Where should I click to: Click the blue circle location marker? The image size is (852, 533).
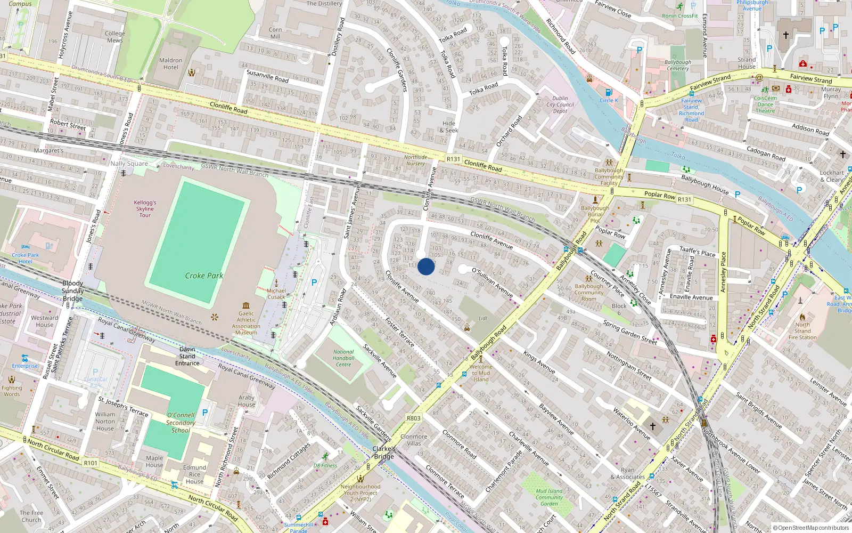pos(426,266)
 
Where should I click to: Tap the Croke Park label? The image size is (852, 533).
pos(204,276)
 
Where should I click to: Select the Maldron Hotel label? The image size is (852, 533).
pos(171,64)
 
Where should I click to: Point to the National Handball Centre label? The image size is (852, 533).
pos(343,358)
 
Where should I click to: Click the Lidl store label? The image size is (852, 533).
pos(483,319)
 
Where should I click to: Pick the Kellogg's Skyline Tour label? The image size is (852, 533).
pos(145,209)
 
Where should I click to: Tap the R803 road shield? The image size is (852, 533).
pos(413,418)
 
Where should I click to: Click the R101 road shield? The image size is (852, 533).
pos(91,463)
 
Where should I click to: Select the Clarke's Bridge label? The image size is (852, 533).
pos(384,453)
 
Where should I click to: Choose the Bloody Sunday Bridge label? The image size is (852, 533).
pos(72,291)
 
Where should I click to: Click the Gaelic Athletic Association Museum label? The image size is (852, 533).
pos(246,323)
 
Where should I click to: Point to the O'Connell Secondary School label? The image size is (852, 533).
pos(181,423)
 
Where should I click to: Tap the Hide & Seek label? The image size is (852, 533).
pos(449,127)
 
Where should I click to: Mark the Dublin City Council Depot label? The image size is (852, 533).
pos(560,104)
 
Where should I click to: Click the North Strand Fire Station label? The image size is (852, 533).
pos(802,331)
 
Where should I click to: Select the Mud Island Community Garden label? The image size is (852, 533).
pos(549,497)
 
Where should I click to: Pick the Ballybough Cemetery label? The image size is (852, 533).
pos(678,65)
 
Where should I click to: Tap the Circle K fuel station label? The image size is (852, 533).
pos(609,100)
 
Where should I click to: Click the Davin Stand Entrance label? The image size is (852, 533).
pos(187,356)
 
